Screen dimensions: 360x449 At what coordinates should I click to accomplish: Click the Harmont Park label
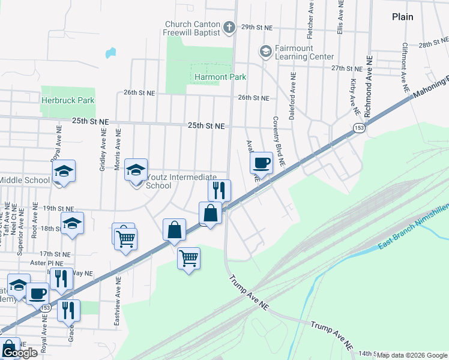220,77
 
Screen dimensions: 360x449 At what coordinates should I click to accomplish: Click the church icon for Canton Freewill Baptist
229,28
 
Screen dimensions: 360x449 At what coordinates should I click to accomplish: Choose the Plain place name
402,17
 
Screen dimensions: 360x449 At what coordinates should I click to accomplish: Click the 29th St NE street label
257,28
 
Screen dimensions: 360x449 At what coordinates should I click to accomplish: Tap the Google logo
19,353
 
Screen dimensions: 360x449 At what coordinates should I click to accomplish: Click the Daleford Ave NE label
292,96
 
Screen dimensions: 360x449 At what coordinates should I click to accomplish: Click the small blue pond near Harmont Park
110,53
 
